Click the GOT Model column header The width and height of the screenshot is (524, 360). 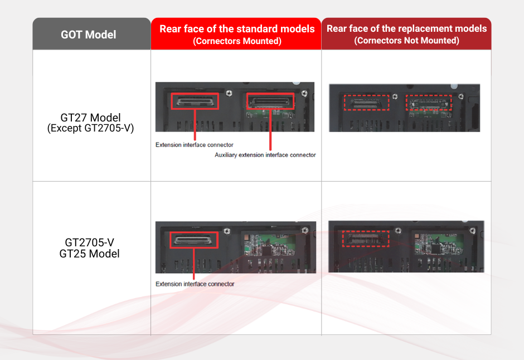[89, 35]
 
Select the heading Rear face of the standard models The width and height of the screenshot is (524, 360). [237, 29]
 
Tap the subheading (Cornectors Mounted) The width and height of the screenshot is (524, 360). [237, 41]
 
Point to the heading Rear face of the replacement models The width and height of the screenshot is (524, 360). [406, 28]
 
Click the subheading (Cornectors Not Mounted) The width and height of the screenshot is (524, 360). [406, 41]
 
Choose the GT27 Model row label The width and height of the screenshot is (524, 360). [90, 118]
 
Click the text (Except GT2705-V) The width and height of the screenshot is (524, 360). [90, 129]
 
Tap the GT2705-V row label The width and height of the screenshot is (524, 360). [90, 242]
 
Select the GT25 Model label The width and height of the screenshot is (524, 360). [90, 254]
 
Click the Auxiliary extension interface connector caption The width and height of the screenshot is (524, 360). [265, 155]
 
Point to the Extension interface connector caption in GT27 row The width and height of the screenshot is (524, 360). [195, 145]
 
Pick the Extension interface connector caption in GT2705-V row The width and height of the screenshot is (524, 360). [195, 284]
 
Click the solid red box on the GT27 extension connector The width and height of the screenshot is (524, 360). [195, 101]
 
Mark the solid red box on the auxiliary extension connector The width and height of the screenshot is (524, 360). [270, 101]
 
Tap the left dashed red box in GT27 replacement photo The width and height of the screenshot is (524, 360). [366, 103]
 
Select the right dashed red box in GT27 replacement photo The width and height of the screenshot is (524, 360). [428, 103]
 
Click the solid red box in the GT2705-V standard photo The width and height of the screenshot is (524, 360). [194, 241]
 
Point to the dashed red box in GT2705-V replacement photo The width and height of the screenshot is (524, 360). [365, 239]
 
